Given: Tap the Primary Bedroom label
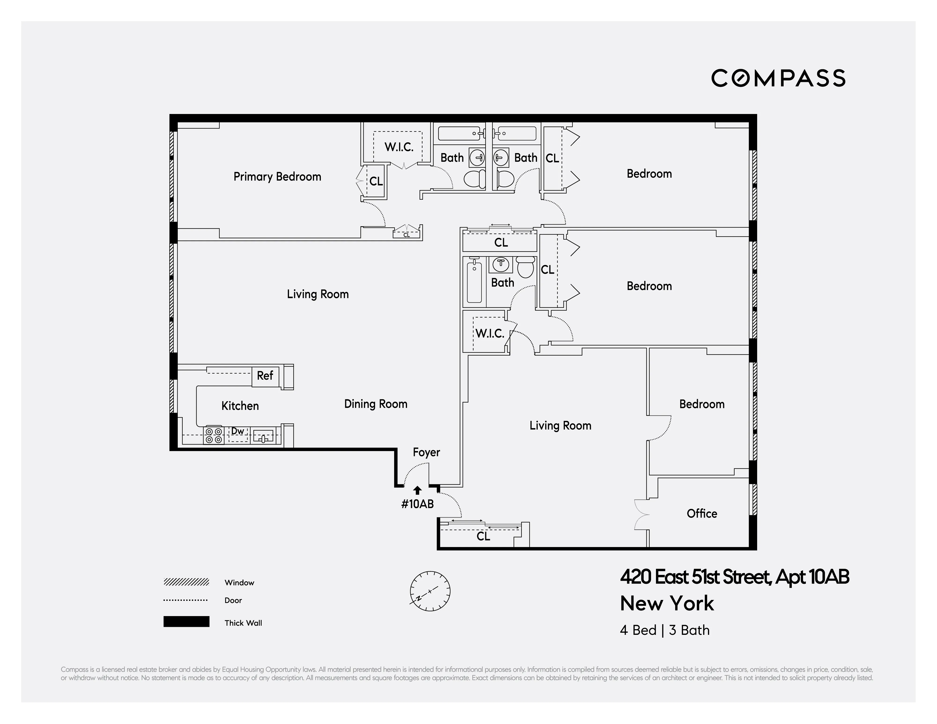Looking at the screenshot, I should point(277,177).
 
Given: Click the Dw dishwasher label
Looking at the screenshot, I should point(238,431).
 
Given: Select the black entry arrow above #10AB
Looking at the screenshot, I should point(417,490).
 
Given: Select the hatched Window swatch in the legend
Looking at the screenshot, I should point(186,582).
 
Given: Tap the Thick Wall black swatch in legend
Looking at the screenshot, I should point(186,622).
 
